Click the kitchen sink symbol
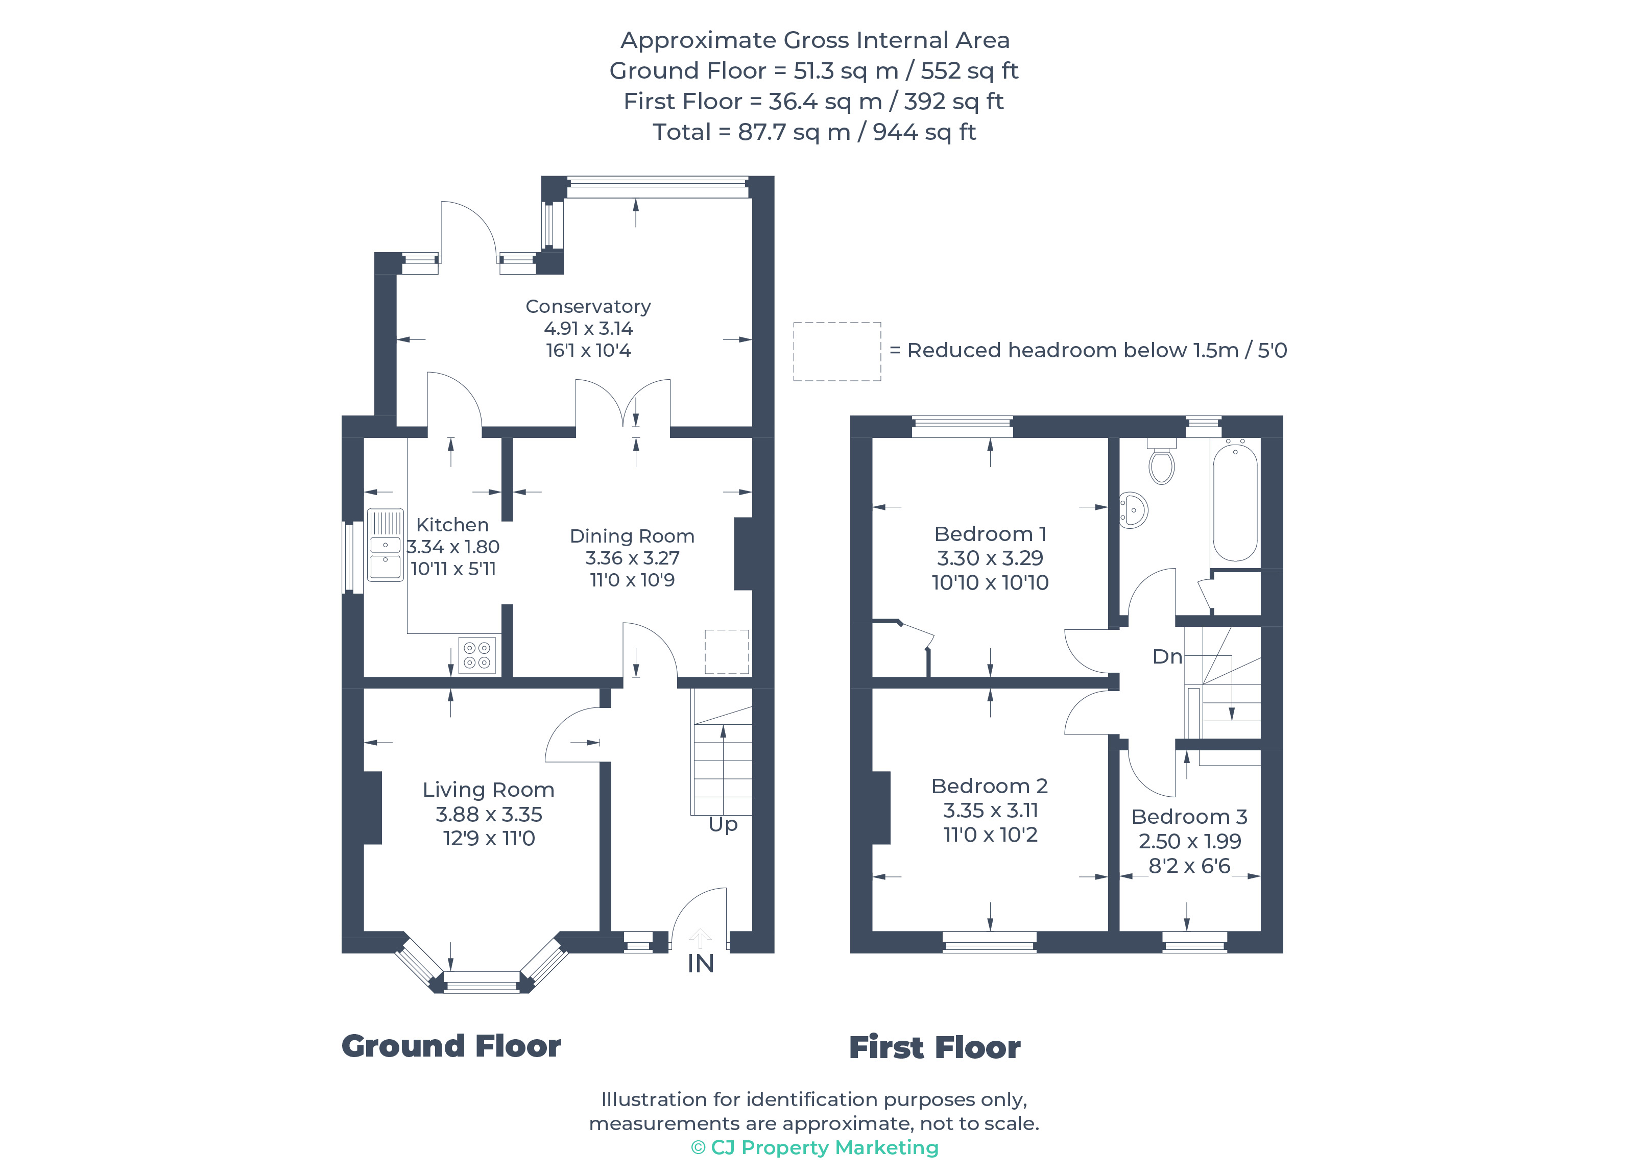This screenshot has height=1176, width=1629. (385, 545)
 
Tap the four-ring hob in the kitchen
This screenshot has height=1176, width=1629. (477, 655)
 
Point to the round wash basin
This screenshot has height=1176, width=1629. (1133, 510)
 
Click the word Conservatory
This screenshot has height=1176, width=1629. (588, 307)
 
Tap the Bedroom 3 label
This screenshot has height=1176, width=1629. (1189, 816)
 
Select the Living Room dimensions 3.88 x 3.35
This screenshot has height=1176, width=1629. (488, 814)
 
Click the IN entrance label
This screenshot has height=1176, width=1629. (700, 964)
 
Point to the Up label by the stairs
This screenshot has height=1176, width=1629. (723, 824)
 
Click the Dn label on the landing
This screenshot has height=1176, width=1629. (1166, 656)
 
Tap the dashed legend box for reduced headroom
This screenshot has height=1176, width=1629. (837, 351)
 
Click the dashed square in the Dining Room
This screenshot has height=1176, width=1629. (726, 651)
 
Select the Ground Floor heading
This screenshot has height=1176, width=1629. (451, 1046)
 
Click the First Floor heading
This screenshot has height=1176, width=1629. (935, 1047)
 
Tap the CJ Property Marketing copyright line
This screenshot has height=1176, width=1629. (814, 1147)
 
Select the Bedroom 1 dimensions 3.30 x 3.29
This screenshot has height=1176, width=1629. (990, 558)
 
